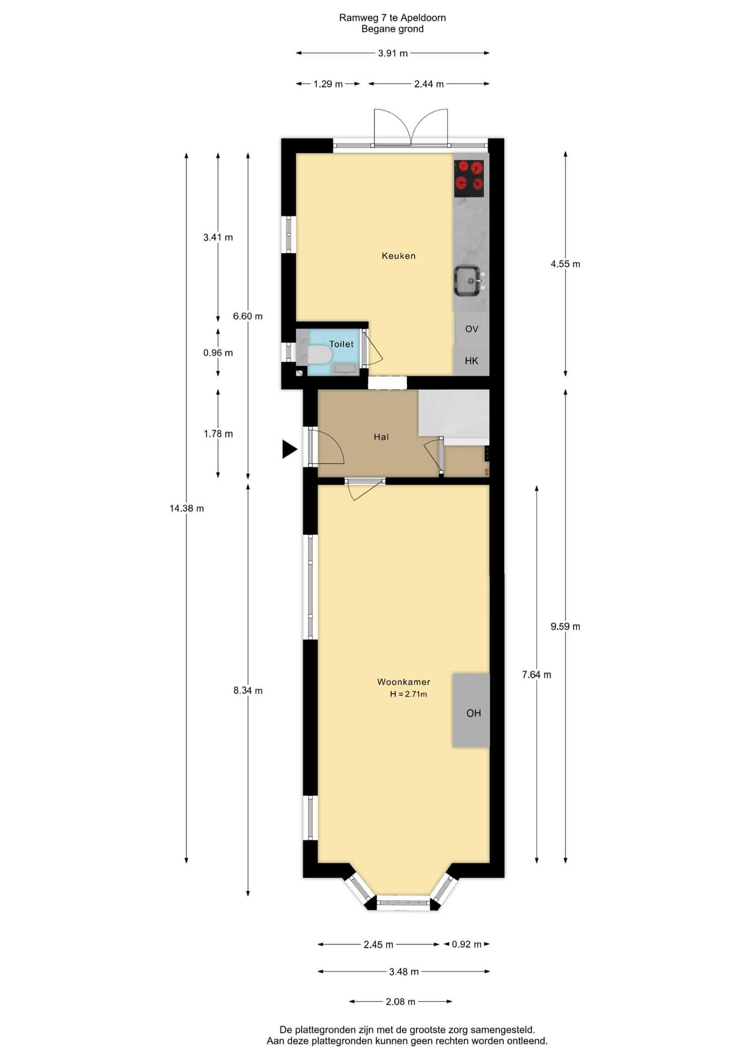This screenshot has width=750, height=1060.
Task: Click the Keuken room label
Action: tap(398, 256)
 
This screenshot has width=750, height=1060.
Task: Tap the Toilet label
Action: tap(341, 344)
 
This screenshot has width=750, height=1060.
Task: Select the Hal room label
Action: tap(381, 437)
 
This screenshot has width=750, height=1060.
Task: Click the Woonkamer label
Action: tap(404, 682)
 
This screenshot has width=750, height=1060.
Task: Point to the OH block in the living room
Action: tap(471, 710)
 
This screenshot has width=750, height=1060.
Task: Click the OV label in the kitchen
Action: tap(472, 329)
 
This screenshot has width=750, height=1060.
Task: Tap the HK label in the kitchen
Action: tap(472, 361)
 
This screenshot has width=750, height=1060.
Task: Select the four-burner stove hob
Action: tap(469, 178)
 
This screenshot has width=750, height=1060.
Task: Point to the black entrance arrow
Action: tap(289, 449)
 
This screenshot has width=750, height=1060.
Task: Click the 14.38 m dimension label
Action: tap(187, 508)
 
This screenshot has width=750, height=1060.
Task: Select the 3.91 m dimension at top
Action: tap(393, 54)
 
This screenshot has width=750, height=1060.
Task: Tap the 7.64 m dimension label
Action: tap(537, 675)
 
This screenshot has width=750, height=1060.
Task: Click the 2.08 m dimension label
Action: tap(401, 1001)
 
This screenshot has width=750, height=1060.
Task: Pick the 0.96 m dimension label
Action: tap(218, 353)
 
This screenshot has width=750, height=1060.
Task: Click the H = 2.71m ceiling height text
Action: tap(409, 695)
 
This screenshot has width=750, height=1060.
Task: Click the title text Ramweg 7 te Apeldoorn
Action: tap(393, 18)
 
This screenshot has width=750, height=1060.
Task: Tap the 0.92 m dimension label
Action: tap(467, 944)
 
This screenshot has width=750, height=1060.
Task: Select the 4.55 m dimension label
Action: tap(566, 264)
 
